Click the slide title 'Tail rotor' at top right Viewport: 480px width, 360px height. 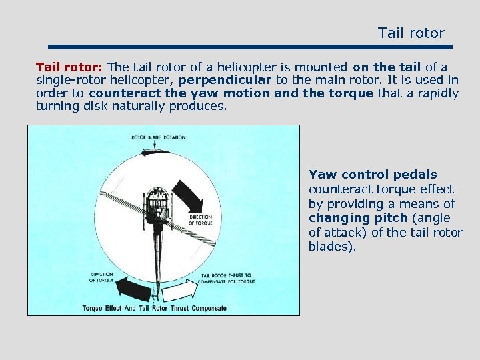click(411, 33)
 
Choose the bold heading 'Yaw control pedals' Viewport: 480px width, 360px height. click(373, 175)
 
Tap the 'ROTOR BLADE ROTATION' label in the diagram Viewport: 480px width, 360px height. click(158, 137)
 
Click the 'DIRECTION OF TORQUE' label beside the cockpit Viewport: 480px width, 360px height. click(201, 219)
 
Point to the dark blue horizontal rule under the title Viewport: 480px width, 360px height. click(251, 47)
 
